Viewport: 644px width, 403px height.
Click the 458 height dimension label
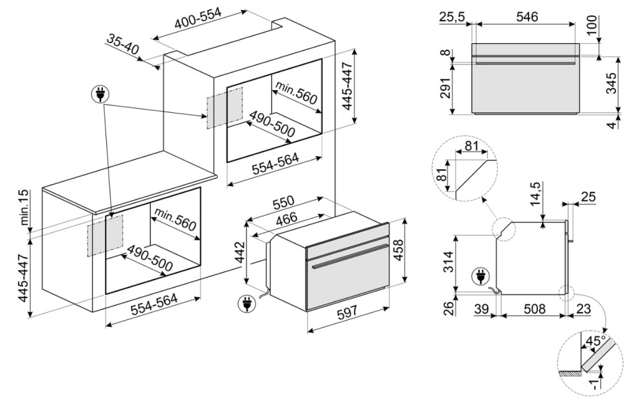pos(399,250)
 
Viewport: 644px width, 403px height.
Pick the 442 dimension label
pos(240,254)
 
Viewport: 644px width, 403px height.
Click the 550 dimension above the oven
pos(283,202)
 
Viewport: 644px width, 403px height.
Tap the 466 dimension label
pos(287,218)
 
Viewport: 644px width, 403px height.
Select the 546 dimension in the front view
pos(526,17)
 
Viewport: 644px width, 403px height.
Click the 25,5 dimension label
pos(451,17)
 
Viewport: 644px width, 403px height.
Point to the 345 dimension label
pos(611,84)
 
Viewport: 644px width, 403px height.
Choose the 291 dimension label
pos(445,88)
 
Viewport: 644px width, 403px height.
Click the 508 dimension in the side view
pos(534,308)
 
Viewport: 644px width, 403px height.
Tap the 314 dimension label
pos(449,262)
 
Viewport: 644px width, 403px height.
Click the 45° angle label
pos(596,341)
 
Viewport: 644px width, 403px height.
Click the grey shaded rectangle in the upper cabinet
pos(224,108)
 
